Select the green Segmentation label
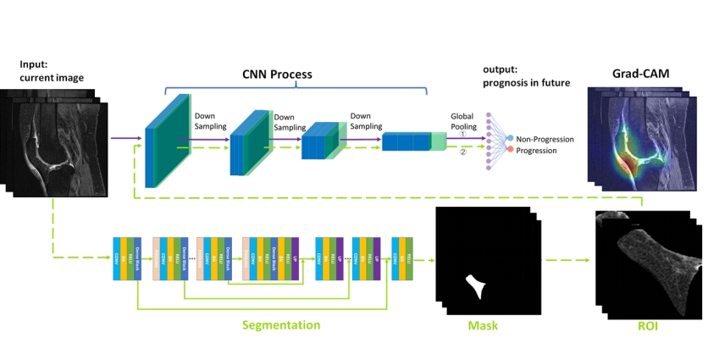tap(281, 324)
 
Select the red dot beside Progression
tap(510, 150)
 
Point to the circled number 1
tap(462, 134)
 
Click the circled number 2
tap(462, 152)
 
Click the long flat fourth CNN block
tap(411, 141)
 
